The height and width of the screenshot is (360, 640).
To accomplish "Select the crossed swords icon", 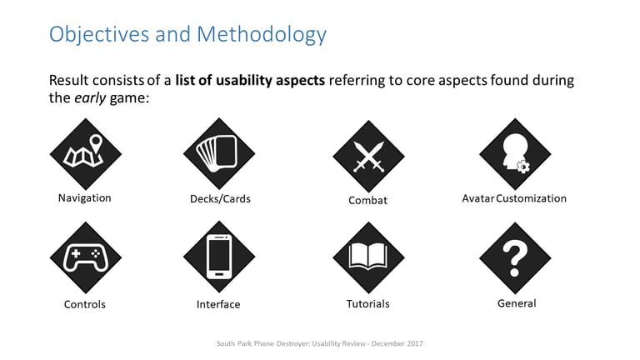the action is click(x=368, y=156).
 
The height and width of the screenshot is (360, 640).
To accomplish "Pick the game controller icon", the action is click(x=86, y=257).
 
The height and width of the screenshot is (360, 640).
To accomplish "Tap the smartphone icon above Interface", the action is click(x=219, y=257).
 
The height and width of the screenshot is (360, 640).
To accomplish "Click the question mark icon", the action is click(x=515, y=258).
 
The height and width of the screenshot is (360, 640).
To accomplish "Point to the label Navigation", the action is click(x=84, y=198).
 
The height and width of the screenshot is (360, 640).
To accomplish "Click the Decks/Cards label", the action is click(x=220, y=199).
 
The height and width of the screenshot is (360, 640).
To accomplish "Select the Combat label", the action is click(x=367, y=200).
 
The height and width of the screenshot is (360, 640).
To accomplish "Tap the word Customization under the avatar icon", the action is click(x=531, y=198).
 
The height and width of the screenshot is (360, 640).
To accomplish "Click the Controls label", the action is click(x=85, y=304).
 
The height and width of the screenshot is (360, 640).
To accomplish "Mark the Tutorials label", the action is click(x=367, y=303).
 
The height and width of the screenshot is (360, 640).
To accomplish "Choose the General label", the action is click(x=517, y=303).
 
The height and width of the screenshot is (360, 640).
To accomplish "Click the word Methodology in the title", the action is click(x=262, y=35).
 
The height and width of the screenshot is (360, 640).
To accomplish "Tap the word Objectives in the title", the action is click(x=99, y=34).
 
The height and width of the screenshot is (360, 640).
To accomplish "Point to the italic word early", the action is click(x=90, y=98).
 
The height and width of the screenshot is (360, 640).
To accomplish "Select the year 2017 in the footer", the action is click(x=415, y=343).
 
